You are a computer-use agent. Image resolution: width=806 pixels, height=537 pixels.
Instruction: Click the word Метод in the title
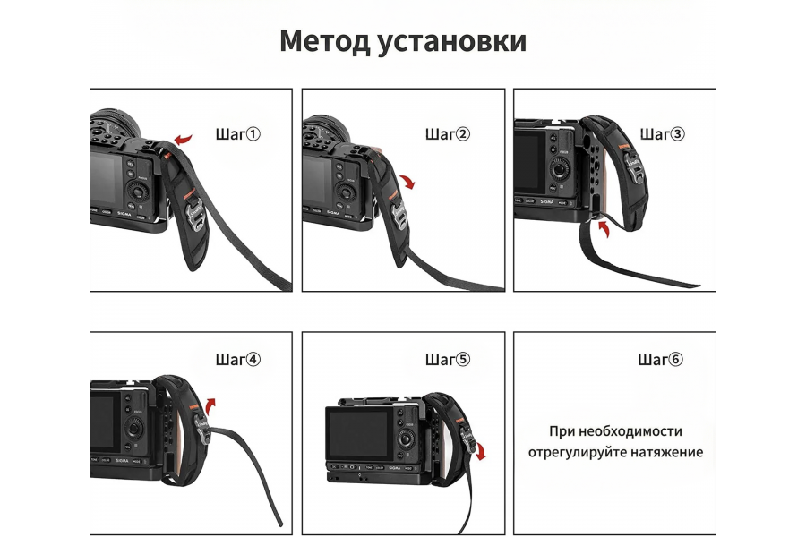(x=323, y=41)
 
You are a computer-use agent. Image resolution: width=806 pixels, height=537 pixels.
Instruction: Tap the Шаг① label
(x=238, y=134)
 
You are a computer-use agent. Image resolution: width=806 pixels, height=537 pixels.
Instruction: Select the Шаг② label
(x=447, y=134)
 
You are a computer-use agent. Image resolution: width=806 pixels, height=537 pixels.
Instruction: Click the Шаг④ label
(x=238, y=360)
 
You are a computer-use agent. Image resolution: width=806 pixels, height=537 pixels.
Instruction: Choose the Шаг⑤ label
(x=447, y=360)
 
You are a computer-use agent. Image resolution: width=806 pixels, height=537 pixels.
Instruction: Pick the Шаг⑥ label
(x=661, y=360)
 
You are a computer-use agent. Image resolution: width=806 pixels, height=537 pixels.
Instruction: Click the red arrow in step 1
(x=183, y=139)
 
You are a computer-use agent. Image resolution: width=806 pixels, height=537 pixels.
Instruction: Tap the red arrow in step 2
(x=407, y=182)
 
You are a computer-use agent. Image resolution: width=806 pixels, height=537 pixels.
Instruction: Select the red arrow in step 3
(x=606, y=232)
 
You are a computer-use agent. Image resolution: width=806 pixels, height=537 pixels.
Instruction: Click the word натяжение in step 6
(x=666, y=453)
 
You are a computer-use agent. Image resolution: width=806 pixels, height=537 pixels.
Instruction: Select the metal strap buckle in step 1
(x=195, y=214)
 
